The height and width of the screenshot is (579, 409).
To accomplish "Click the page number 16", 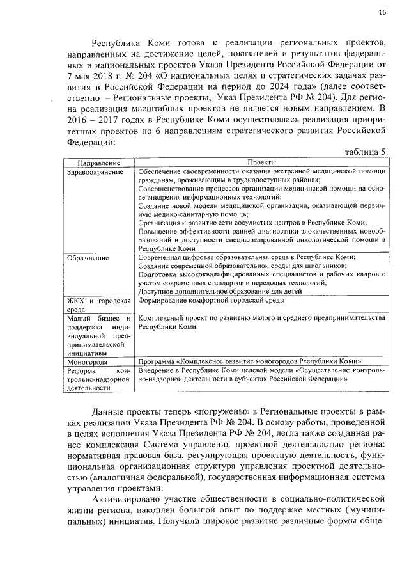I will click(382, 12).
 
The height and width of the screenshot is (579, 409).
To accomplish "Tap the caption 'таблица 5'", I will click(365, 152).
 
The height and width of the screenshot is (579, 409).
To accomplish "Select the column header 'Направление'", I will click(98, 163).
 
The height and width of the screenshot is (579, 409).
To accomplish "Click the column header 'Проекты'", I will click(260, 163).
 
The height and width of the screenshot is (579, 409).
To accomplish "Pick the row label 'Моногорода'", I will click(87, 361).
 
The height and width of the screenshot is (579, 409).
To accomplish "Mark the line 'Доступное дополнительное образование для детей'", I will click(211, 290).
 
